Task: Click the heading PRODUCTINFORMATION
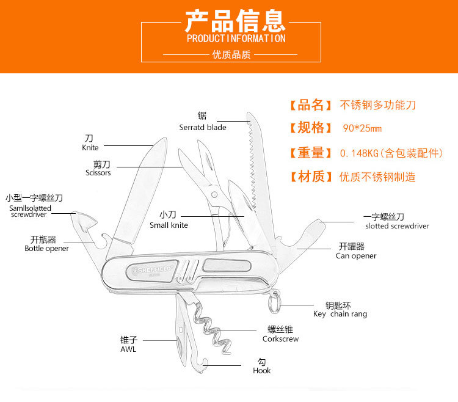[x=236, y=38]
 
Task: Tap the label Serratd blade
[x=203, y=128]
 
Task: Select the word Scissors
[x=98, y=173]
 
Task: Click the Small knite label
[x=169, y=225]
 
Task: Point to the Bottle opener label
[x=46, y=249]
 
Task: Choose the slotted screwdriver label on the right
[x=397, y=226]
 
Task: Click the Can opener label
[x=356, y=256]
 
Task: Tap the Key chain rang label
[x=340, y=314]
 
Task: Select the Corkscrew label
[x=280, y=338]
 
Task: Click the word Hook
[x=261, y=370]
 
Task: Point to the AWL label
[x=128, y=349]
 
